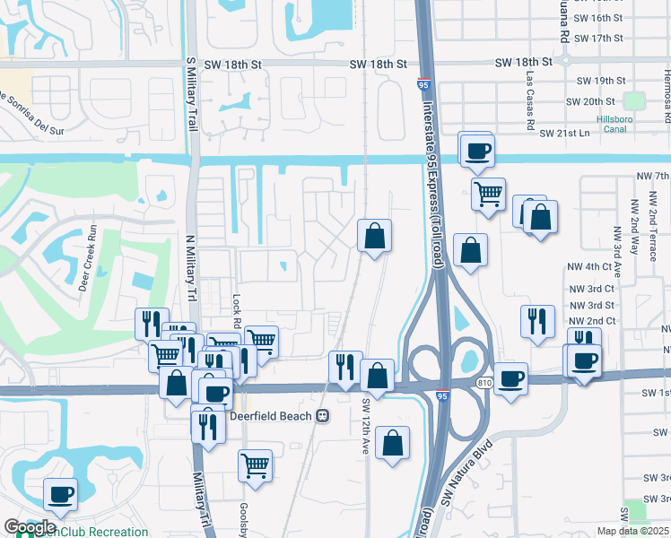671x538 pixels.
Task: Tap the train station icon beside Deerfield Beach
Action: click(x=321, y=415)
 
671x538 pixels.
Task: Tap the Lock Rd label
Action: click(x=237, y=308)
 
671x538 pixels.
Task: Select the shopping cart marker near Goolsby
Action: click(x=256, y=465)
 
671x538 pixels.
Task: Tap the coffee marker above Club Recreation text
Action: click(x=60, y=493)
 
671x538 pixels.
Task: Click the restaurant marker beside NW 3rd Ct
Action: click(x=536, y=320)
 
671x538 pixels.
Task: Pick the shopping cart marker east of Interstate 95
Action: click(x=488, y=192)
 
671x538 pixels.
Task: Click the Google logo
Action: click(x=30, y=527)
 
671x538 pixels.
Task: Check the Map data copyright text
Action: click(x=633, y=531)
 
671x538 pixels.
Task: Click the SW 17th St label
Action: click(x=597, y=39)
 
